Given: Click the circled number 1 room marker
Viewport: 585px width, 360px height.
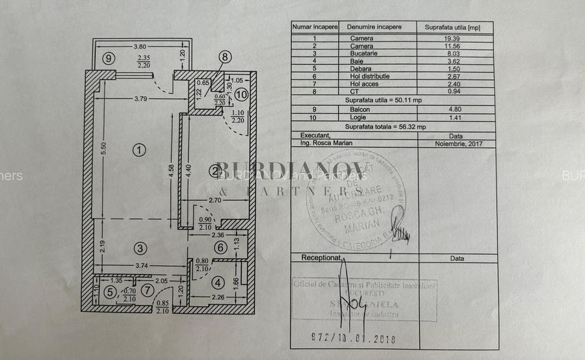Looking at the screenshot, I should (x=138, y=150).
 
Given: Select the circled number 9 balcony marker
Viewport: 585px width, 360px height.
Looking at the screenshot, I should (x=109, y=58).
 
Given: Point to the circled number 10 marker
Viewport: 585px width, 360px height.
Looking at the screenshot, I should (x=241, y=95).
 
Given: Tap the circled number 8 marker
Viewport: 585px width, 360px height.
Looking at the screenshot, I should (x=224, y=57).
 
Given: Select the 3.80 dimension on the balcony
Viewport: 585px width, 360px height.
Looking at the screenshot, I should (x=138, y=47).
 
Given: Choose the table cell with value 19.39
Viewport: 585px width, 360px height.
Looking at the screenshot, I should (x=452, y=38).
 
